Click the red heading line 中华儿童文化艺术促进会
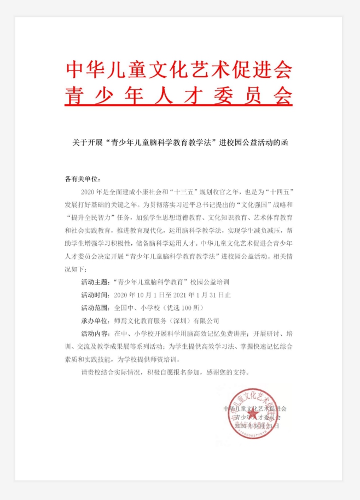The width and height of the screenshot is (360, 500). pos(179,70)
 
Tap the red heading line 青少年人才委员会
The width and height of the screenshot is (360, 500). pos(179,93)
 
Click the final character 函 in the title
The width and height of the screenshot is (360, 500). pos(284,142)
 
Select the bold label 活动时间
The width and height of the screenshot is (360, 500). pos(94,295)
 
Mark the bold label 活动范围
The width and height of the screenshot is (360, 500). pos(94,308)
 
